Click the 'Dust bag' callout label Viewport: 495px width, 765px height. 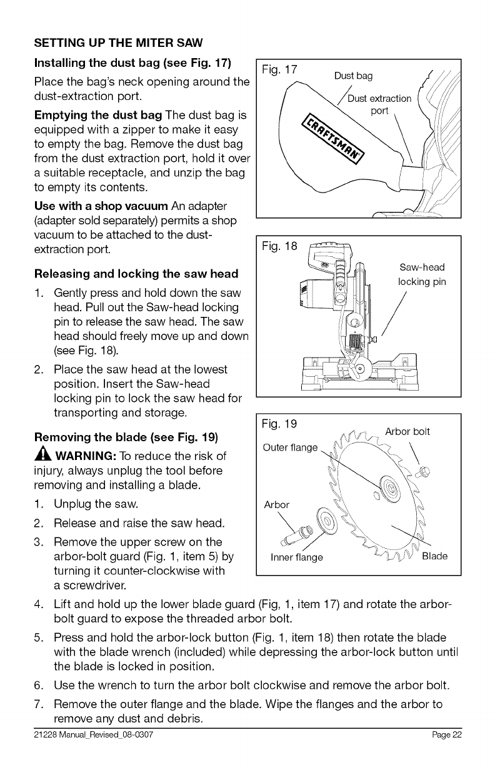pyautogui.click(x=353, y=76)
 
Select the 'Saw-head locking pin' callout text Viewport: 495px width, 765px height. pyautogui.click(x=422, y=274)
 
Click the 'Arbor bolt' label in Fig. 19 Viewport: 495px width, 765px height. pyautogui.click(x=407, y=431)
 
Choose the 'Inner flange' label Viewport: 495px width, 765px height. pyautogui.click(x=296, y=557)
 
